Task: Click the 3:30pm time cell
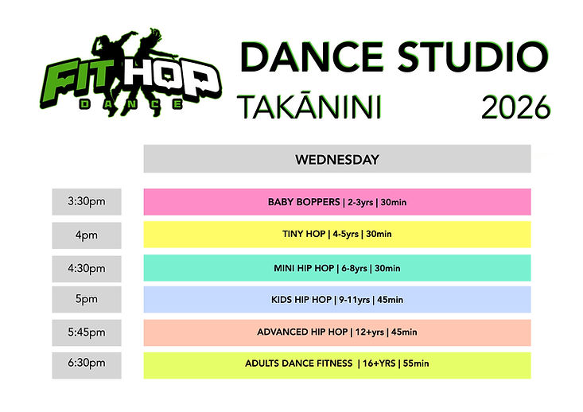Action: coord(87,202)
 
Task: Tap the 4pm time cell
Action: coord(87,235)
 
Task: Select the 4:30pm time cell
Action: coord(87,268)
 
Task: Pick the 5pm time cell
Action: coord(87,300)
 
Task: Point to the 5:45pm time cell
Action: coord(87,332)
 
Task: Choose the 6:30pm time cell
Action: coord(87,364)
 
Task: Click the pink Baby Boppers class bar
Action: coord(336,202)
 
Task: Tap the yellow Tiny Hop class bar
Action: coord(336,235)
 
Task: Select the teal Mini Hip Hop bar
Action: coord(336,268)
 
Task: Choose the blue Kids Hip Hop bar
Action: coord(336,300)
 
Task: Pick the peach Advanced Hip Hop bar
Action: coord(336,332)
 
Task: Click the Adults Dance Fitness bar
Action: coord(336,364)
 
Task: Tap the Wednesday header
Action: coord(336,159)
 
